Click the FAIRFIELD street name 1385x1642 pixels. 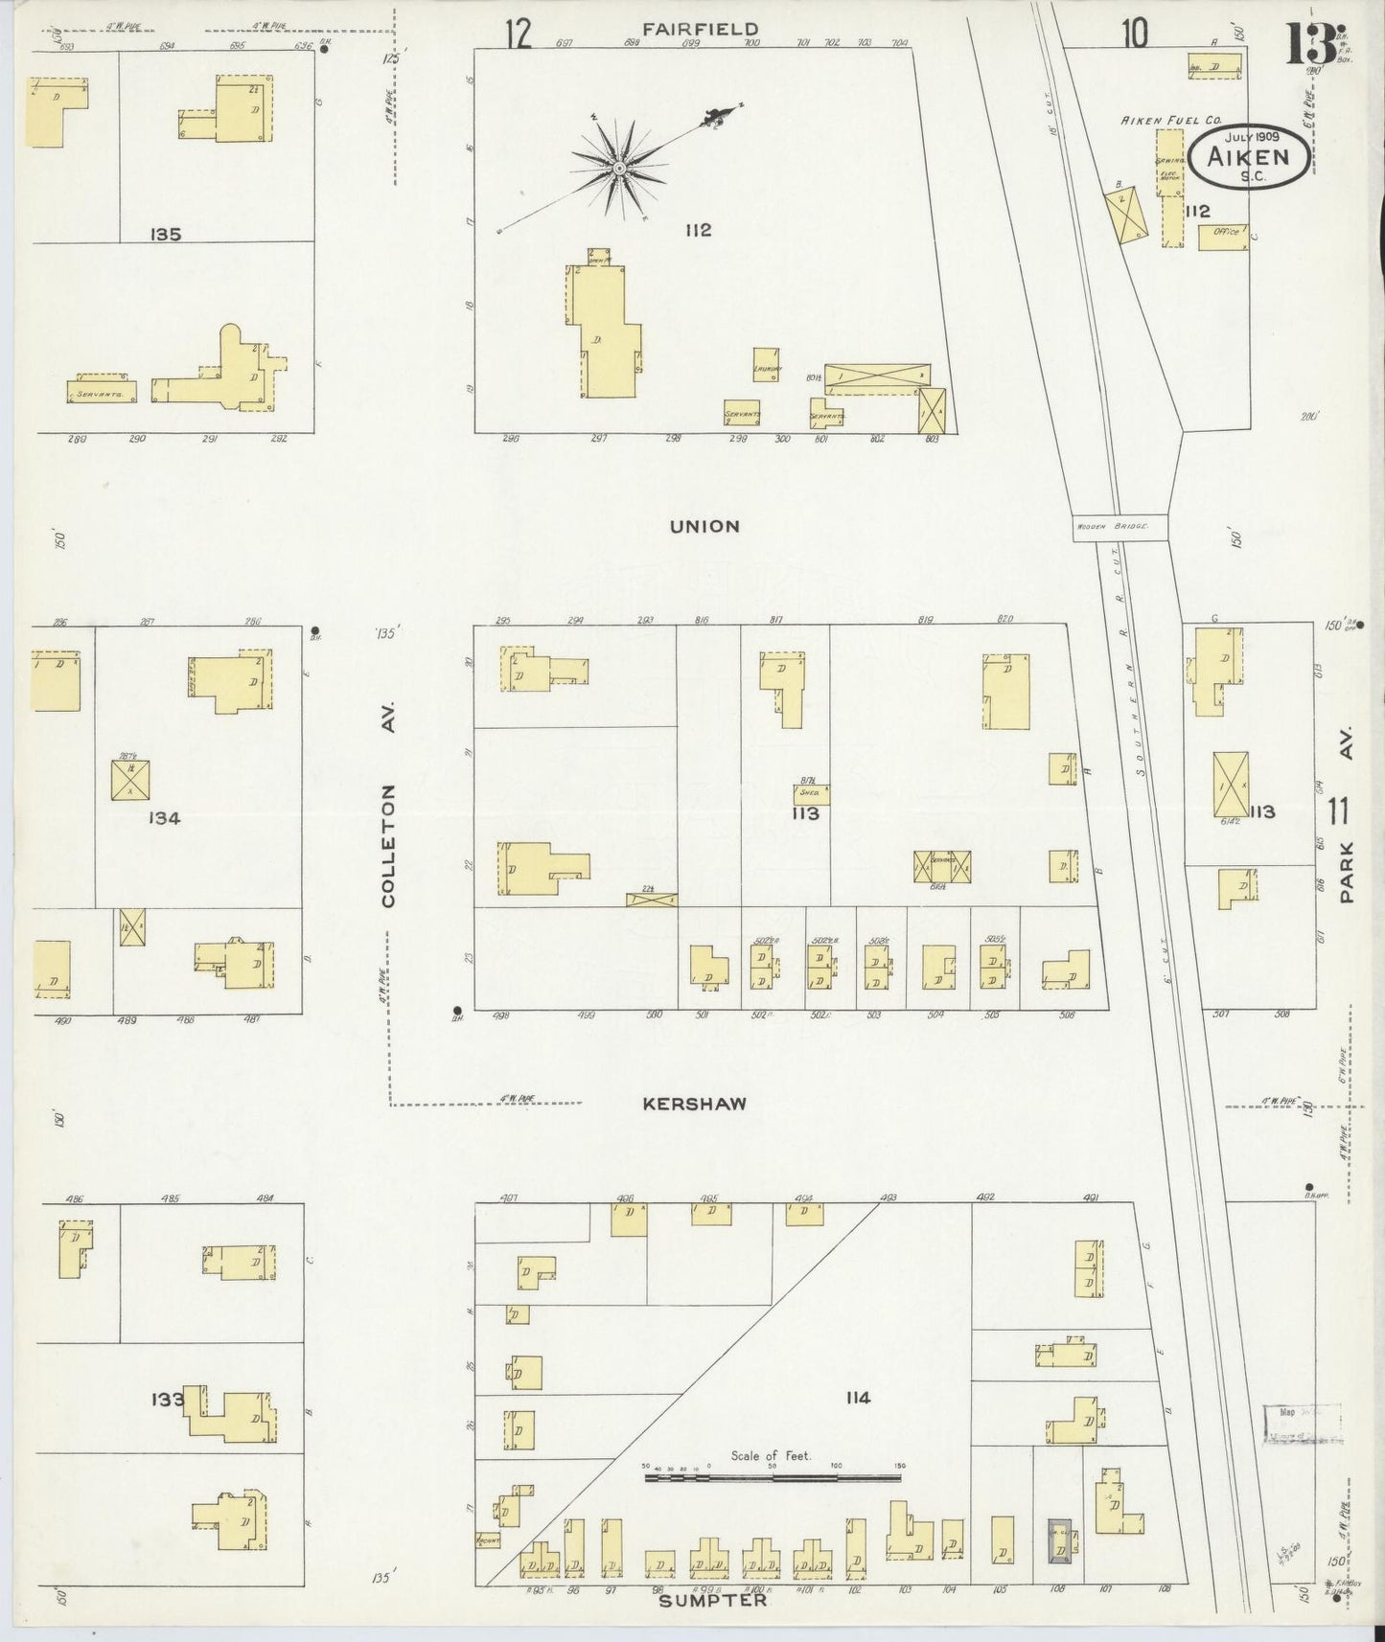(x=700, y=30)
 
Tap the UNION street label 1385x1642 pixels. (x=704, y=526)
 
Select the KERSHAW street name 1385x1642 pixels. (x=694, y=1104)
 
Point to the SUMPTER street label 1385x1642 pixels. (x=713, y=1600)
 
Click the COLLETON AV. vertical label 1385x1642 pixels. (x=388, y=846)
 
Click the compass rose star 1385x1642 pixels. (x=619, y=169)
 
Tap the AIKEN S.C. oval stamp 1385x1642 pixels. (x=1250, y=157)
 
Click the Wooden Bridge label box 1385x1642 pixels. (x=1119, y=527)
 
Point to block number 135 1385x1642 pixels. (x=166, y=234)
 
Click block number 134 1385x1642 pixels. (x=164, y=817)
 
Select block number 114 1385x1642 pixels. (x=857, y=1398)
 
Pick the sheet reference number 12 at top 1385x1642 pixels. (x=518, y=34)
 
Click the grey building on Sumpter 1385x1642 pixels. (x=1060, y=1541)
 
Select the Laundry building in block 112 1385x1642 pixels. (x=765, y=364)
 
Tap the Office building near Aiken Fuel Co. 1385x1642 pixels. (x=1223, y=236)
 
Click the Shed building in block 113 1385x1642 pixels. (x=811, y=794)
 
